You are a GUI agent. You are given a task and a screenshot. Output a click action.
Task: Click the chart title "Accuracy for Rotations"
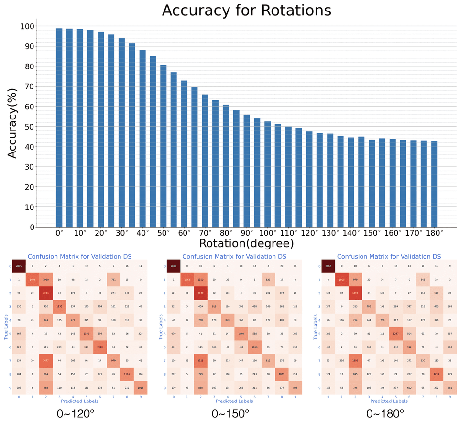(x=246, y=11)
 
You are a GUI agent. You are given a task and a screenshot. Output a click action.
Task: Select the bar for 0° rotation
(x=59, y=128)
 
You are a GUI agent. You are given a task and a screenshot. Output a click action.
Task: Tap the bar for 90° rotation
(x=247, y=171)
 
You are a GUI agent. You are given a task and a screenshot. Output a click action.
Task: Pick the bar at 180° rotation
(x=434, y=184)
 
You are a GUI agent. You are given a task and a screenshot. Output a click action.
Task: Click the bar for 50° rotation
(x=164, y=146)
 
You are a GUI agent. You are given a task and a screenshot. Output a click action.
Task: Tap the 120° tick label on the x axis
(x=310, y=233)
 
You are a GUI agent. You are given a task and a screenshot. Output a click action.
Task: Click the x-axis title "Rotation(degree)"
(x=246, y=243)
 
